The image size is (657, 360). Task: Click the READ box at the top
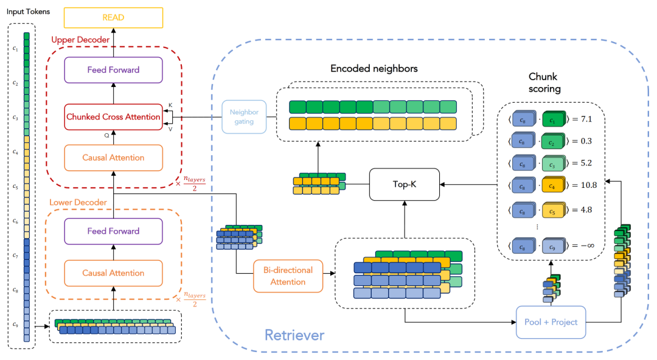(113, 18)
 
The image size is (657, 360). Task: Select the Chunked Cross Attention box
(113, 117)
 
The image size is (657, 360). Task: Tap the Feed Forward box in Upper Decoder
(113, 70)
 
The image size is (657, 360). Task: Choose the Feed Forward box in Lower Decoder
(113, 231)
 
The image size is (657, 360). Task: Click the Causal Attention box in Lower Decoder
(113, 273)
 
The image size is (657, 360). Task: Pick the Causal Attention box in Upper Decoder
(113, 157)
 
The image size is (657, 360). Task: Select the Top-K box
(405, 184)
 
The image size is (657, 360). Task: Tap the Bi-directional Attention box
(288, 275)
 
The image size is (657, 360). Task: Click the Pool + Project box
(551, 322)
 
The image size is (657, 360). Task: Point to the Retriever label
(294, 334)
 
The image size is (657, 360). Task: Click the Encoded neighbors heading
(374, 69)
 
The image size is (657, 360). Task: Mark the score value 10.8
(588, 185)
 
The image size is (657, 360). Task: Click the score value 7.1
(585, 119)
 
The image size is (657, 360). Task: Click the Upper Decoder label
(80, 40)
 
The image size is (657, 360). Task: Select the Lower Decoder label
(78, 202)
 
